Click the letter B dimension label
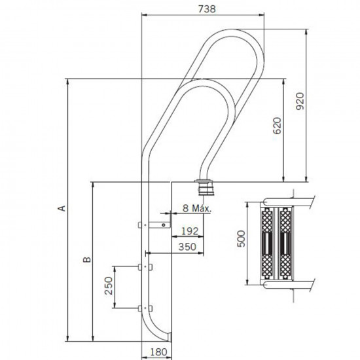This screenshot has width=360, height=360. point(86,261)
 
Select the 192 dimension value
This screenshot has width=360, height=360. point(189,230)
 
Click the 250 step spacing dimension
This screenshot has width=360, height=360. point(109,287)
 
